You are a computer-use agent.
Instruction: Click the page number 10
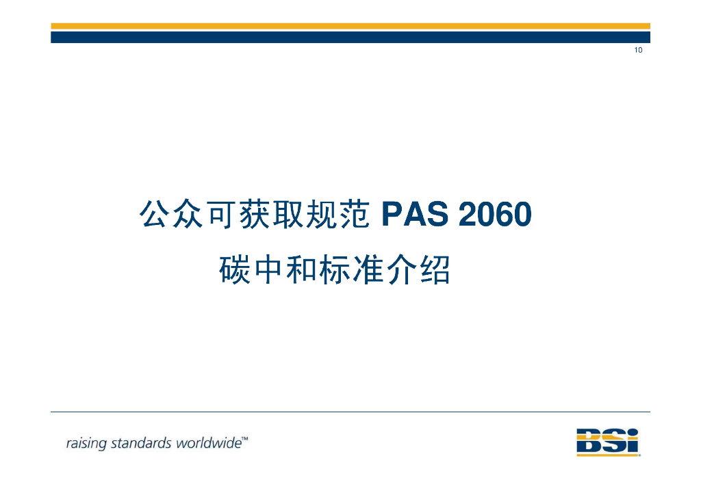tap(638, 50)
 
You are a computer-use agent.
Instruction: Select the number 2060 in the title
tap(495, 215)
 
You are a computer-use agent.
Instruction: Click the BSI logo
tap(607, 442)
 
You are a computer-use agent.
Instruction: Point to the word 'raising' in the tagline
tap(86, 443)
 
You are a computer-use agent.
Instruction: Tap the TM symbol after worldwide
tap(245, 439)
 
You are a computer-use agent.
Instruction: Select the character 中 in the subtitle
tap(267, 271)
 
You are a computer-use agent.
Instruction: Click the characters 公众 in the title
tap(171, 215)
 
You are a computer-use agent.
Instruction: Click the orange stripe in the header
tap(350, 26)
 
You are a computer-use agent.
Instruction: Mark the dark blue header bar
tap(350, 37)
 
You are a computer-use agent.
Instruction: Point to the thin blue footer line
tap(350, 412)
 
